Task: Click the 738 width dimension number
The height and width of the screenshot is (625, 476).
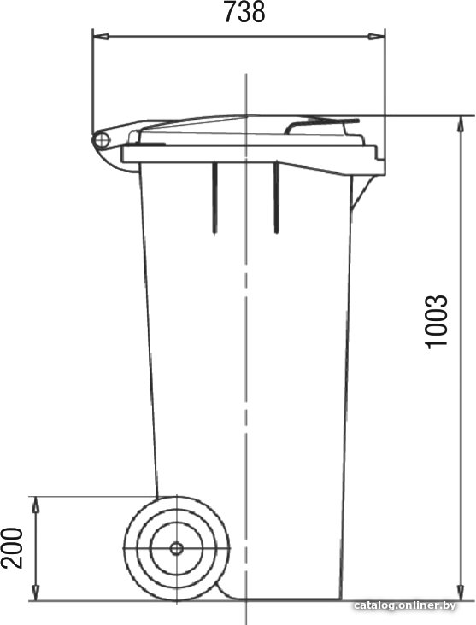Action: tap(244, 12)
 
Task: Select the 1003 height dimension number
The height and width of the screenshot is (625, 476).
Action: tap(436, 322)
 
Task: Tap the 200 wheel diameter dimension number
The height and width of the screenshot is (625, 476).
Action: tap(12, 547)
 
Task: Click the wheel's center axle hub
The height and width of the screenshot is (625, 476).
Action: tap(176, 548)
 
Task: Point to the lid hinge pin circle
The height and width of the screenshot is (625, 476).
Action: tap(103, 140)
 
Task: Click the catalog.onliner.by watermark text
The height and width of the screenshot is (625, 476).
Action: tap(404, 605)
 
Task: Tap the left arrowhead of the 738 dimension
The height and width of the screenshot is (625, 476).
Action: tap(100, 37)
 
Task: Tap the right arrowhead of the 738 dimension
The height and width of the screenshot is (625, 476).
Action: tap(376, 37)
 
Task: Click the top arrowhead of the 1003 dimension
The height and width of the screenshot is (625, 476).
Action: tap(461, 125)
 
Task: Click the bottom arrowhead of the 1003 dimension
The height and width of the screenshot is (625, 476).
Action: tap(461, 591)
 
